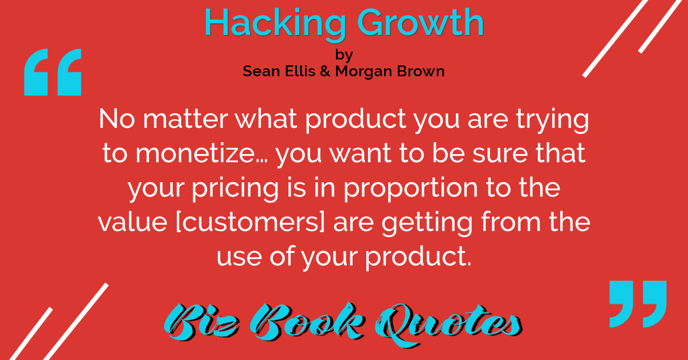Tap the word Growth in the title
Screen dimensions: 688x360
[x=421, y=22]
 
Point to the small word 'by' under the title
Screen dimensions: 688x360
[x=344, y=55]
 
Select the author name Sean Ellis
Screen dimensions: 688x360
[x=279, y=71]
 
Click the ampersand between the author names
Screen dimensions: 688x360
[x=325, y=71]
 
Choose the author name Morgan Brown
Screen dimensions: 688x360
[x=390, y=72]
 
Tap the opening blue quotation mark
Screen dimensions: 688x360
[x=53, y=72]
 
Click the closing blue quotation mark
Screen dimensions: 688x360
[x=638, y=304]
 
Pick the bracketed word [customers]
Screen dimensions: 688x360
[x=251, y=222]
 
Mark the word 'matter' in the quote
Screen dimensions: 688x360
[x=185, y=119]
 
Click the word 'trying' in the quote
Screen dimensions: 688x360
[x=552, y=121]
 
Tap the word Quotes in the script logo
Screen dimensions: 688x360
[x=448, y=324]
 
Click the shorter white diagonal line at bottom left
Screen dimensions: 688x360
[x=30, y=334]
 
